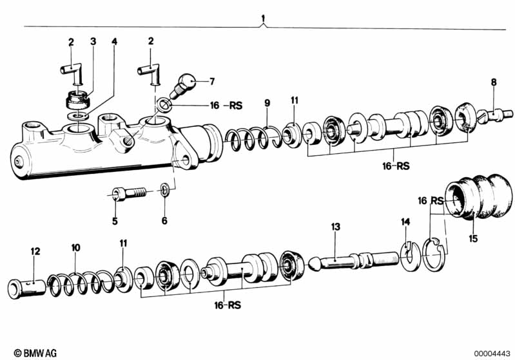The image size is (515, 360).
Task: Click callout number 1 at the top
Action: tap(262, 17)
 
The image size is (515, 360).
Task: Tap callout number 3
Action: tap(93, 42)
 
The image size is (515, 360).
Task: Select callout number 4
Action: tap(114, 42)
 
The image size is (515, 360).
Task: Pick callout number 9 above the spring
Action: tap(267, 103)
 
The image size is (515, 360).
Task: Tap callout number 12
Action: tap(35, 251)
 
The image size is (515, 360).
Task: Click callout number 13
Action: tap(335, 227)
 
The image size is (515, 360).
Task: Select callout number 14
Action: tap(405, 222)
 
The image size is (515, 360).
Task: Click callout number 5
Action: tap(115, 221)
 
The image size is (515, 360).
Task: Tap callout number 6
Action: tap(164, 221)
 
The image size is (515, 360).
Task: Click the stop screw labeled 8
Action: tap(494, 116)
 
